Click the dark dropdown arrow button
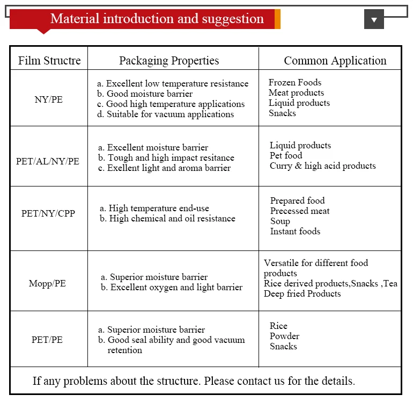point(374,19)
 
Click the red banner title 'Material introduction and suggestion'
point(157,19)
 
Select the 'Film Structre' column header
point(49,61)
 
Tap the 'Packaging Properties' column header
point(169,61)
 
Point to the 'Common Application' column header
point(335,61)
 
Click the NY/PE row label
point(48,99)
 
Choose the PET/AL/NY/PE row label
point(48,161)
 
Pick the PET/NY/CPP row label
point(48,213)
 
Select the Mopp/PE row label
point(47,283)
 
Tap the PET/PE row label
point(47,340)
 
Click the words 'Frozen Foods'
point(295,83)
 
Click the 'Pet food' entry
point(286,156)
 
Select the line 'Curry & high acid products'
point(323,166)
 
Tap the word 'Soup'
point(280,221)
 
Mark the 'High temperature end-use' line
point(154,209)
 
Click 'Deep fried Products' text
point(302,294)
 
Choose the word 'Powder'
point(284,336)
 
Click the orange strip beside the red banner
point(277,19)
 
